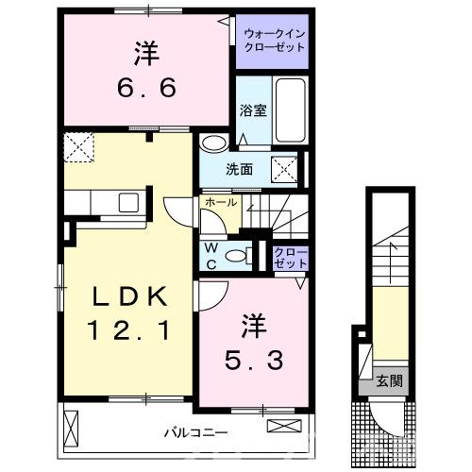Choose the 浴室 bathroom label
[x=253, y=110]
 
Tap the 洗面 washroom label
[x=239, y=171]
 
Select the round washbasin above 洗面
[x=214, y=143]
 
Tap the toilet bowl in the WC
[x=241, y=254]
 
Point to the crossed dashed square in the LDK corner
[x=76, y=146]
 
